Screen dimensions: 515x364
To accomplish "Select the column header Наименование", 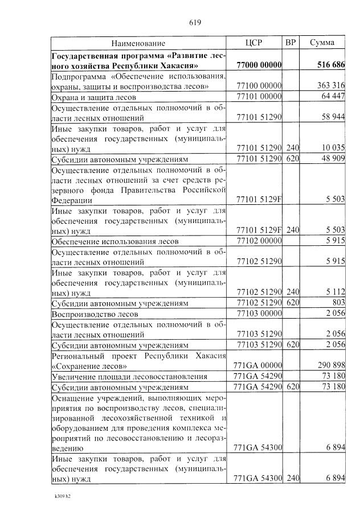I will click(x=138, y=43).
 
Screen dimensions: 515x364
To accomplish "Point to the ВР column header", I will click(x=291, y=43).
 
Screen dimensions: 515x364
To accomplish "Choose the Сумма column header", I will click(x=322, y=43).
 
